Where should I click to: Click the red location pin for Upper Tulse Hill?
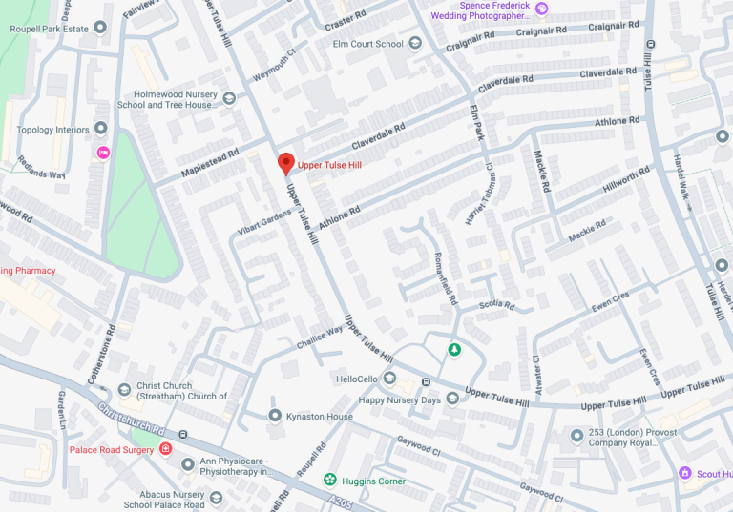point(285,163)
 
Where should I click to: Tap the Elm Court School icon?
point(415,43)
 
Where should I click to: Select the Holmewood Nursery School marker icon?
point(228,98)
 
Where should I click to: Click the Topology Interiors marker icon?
point(101,129)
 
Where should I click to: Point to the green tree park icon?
point(454,350)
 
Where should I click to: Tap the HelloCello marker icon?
point(389,379)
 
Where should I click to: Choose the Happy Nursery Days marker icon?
point(452,399)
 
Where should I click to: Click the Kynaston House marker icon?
point(275,416)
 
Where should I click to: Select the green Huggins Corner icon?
point(330,480)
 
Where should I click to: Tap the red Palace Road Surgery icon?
point(166,448)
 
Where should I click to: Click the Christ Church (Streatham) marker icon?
point(124,390)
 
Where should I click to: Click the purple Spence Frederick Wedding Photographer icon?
point(542,10)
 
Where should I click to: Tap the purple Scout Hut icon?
point(683,473)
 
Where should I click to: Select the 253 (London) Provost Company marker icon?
point(576,436)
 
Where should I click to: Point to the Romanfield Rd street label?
point(441,277)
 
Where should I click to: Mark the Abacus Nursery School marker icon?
point(216,498)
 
